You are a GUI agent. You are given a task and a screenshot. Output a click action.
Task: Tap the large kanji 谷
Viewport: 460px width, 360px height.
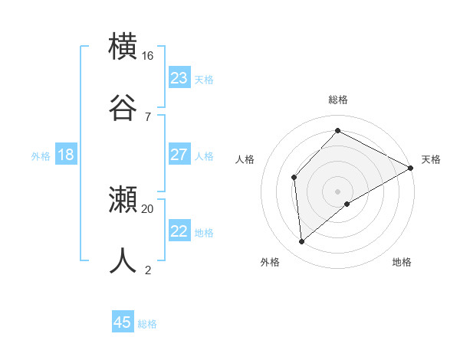click(x=124, y=106)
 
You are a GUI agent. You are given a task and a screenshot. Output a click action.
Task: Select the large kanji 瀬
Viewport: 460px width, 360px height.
click(x=124, y=201)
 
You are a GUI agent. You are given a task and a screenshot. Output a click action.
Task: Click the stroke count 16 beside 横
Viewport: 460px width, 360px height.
click(x=148, y=56)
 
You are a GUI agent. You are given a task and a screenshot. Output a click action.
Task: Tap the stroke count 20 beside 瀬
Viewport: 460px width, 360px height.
click(x=148, y=208)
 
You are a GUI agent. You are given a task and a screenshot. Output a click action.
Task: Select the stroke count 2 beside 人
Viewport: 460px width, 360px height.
click(x=148, y=269)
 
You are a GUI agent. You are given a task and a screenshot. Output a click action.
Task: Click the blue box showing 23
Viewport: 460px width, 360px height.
click(x=179, y=78)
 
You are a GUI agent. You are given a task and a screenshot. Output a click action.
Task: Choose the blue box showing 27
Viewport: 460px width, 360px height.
click(x=179, y=155)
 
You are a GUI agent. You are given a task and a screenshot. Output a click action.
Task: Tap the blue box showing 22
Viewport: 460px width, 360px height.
click(x=179, y=231)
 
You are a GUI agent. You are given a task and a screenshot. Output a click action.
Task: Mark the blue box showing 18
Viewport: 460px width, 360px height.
click(x=66, y=155)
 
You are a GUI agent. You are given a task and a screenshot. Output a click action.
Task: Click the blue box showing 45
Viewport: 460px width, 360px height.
click(x=123, y=322)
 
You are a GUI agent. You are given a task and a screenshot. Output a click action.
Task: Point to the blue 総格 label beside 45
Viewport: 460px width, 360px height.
click(x=147, y=324)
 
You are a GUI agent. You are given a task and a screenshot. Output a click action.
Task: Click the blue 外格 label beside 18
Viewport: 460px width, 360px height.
click(x=41, y=156)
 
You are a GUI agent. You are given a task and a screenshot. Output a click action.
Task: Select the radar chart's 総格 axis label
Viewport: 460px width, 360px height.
click(x=338, y=100)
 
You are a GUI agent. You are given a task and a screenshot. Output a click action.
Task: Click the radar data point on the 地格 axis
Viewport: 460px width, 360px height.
click(x=347, y=204)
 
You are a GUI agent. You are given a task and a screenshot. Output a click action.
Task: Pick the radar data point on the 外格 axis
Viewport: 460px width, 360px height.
click(x=302, y=242)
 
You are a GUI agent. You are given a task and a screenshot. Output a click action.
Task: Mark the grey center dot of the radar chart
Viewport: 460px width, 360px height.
click(x=338, y=191)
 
